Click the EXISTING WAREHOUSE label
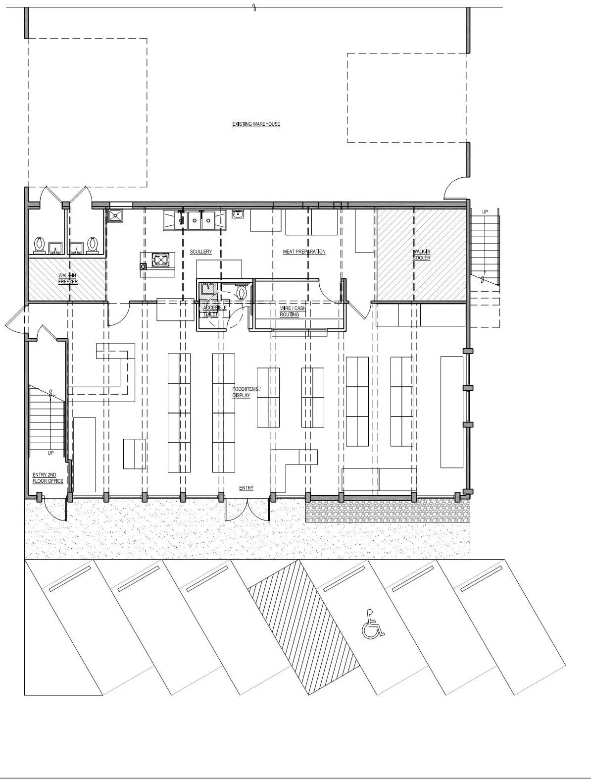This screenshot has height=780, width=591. click(x=256, y=124)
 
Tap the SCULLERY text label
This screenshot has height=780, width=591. click(x=200, y=252)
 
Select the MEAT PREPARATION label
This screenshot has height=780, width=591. click(x=304, y=252)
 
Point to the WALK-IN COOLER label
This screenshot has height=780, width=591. click(x=421, y=255)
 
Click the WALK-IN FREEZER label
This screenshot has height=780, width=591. click(x=68, y=279)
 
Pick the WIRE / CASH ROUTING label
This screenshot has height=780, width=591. click(x=292, y=312)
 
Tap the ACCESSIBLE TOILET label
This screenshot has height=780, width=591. click(x=214, y=311)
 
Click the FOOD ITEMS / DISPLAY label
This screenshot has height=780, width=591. click(x=246, y=392)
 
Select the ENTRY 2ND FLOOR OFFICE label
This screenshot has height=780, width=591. click(x=48, y=478)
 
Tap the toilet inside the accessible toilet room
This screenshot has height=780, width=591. click(x=242, y=292)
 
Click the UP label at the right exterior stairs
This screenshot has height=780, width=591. click(x=485, y=212)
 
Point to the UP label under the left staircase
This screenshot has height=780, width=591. click(x=50, y=453)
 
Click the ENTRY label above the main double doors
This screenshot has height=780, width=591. click(x=246, y=488)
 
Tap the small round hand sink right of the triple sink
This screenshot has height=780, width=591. click(x=238, y=214)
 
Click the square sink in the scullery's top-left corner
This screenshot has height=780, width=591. click(x=116, y=215)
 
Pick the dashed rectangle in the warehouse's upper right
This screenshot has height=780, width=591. click(x=407, y=98)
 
